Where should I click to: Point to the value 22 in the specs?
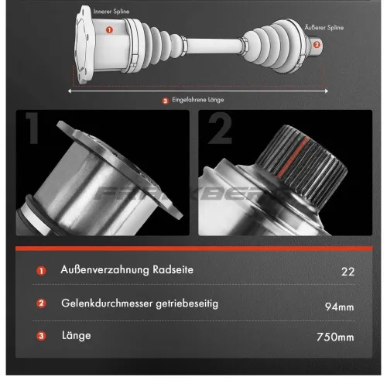(347, 272)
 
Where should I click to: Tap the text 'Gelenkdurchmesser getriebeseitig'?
(139, 303)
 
